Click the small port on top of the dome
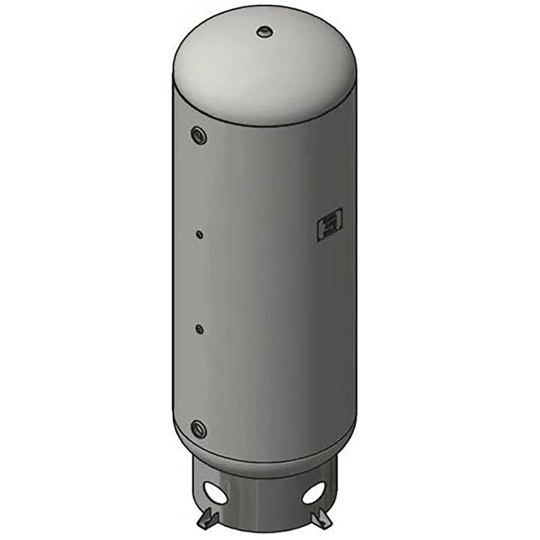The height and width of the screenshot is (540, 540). [265, 31]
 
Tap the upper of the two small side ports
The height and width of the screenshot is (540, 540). [200, 235]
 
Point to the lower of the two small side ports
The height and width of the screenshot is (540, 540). [200, 328]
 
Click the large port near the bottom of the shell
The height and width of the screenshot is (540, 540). [198, 429]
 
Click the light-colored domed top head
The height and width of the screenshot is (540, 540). [265, 65]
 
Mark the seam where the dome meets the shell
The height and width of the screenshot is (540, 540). [265, 125]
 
